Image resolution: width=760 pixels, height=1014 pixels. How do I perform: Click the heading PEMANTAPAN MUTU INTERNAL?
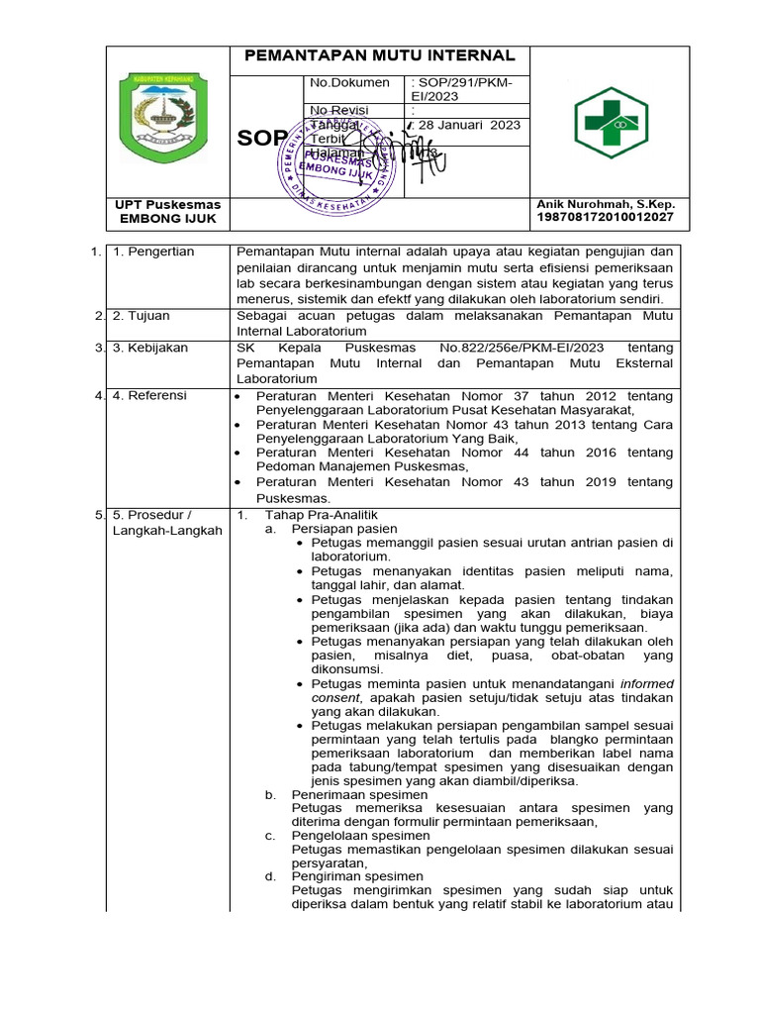pyautogui.click(x=380, y=55)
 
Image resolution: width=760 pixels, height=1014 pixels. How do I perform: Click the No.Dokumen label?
pyautogui.click(x=349, y=83)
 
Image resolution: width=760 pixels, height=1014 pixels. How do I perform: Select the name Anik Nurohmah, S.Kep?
pyautogui.click(x=605, y=204)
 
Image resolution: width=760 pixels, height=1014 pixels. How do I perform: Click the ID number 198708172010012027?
pyautogui.click(x=605, y=217)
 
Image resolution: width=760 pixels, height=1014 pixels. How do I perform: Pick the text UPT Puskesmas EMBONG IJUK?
pyautogui.click(x=169, y=211)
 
